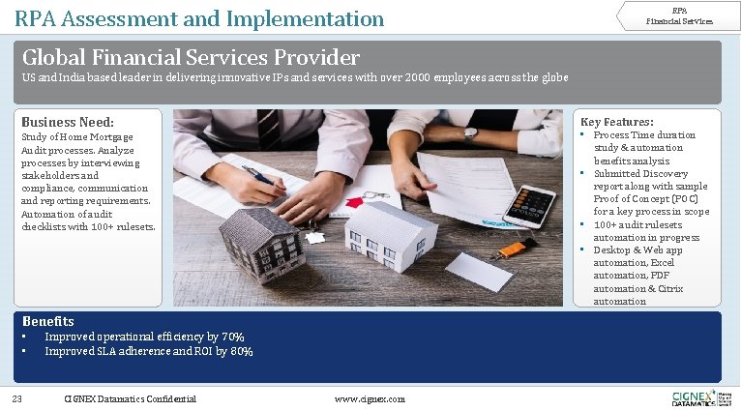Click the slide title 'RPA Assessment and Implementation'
click(x=199, y=17)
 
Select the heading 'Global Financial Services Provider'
click(x=191, y=58)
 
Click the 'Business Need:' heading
click(x=68, y=123)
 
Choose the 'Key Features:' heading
click(x=616, y=122)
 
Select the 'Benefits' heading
click(x=48, y=321)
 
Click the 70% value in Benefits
click(x=232, y=337)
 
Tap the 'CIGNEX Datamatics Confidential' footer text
click(x=130, y=398)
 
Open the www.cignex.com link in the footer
click(x=369, y=398)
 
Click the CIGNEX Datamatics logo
click(x=694, y=397)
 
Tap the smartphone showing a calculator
click(x=530, y=206)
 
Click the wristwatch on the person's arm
click(x=470, y=133)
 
